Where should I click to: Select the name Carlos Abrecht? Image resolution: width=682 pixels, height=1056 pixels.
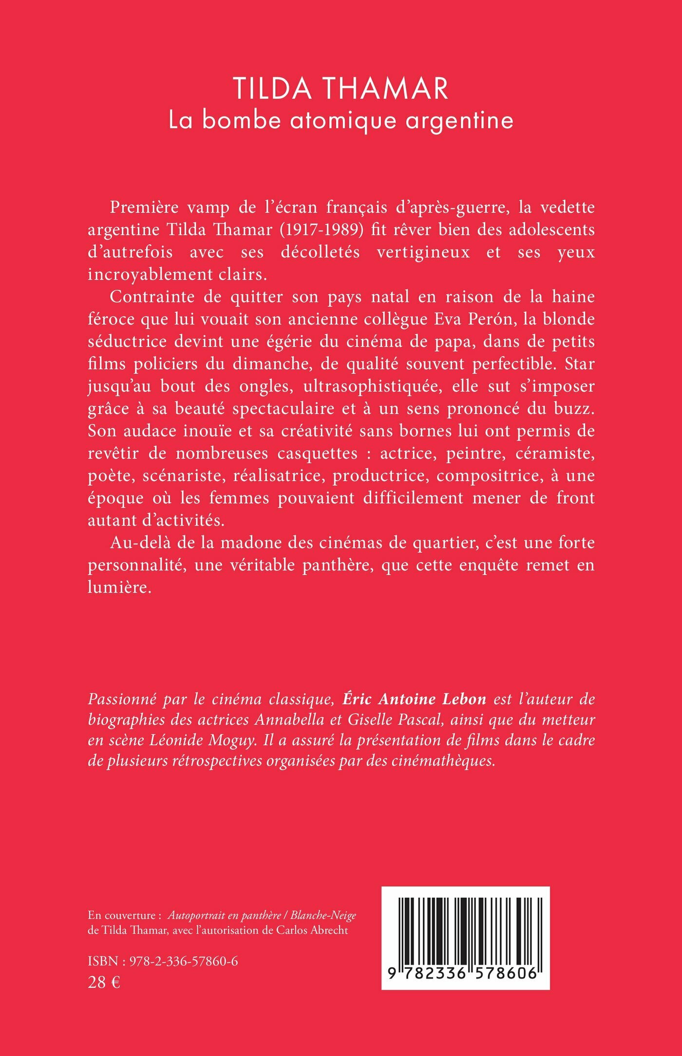[x=312, y=930]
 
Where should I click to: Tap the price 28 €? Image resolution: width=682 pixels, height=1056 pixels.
[x=104, y=982]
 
